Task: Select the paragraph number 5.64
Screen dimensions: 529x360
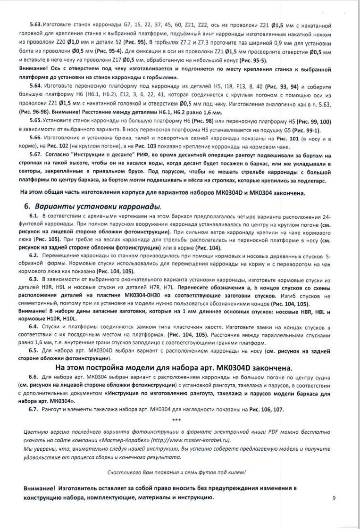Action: click(x=36, y=88)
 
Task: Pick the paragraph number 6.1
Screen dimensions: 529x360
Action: click(x=34, y=215)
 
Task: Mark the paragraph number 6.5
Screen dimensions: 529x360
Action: click(x=34, y=350)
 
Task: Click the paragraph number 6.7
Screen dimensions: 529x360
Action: click(x=34, y=410)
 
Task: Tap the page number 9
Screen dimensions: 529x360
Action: click(x=334, y=498)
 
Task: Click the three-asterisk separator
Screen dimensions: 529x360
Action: click(x=177, y=419)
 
